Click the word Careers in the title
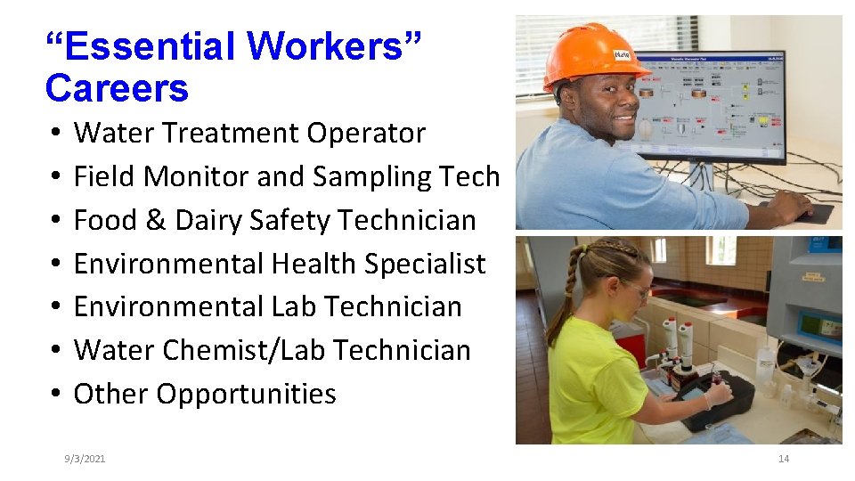117,88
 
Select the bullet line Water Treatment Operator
249,134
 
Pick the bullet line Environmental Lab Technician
267,306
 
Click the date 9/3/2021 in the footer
85,459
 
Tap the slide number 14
784,459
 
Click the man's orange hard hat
583,53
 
